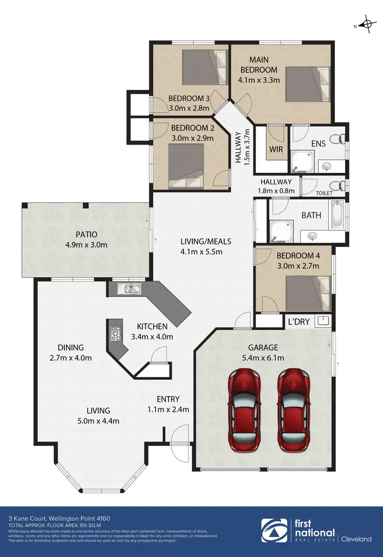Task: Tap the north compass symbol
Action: tap(365, 24)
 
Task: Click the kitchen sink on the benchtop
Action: tap(126, 289)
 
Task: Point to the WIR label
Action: tap(276, 150)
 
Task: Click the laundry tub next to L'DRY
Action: tap(323, 321)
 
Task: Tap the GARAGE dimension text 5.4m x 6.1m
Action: tap(264, 358)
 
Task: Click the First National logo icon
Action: tap(272, 531)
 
